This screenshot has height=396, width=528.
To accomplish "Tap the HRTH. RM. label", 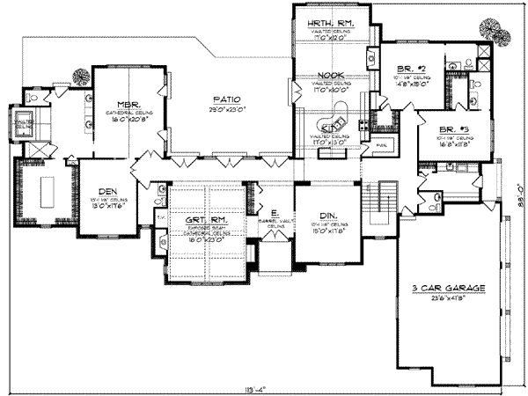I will pyautogui.click(x=325, y=22).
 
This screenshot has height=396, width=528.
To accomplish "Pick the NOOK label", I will pyautogui.click(x=328, y=77).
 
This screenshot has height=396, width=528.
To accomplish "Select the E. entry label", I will pyautogui.click(x=275, y=214).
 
